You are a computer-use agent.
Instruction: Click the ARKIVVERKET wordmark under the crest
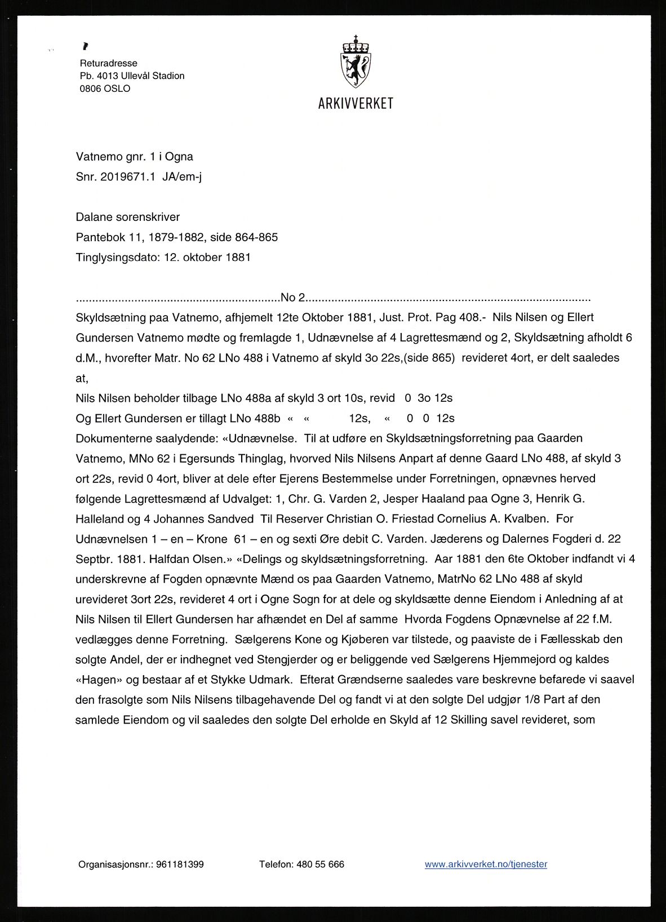coord(355,104)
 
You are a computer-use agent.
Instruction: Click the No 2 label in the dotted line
coord(292,298)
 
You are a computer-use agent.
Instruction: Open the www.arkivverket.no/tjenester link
coord(486,864)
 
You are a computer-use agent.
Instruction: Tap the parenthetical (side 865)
coord(427,357)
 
